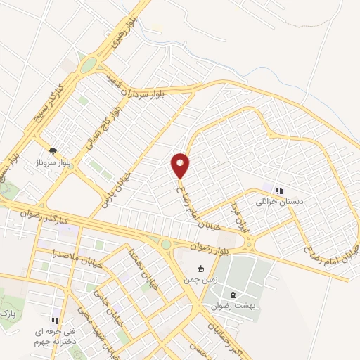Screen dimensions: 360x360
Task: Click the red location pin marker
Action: (x=180, y=165)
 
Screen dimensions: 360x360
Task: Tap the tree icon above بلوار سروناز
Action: (x=53, y=150)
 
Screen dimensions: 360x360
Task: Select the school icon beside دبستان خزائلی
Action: (x=279, y=190)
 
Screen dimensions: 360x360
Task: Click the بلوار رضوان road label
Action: (x=210, y=247)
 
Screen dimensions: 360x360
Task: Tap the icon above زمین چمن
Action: (x=201, y=268)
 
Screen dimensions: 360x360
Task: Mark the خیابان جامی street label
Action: (x=105, y=289)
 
